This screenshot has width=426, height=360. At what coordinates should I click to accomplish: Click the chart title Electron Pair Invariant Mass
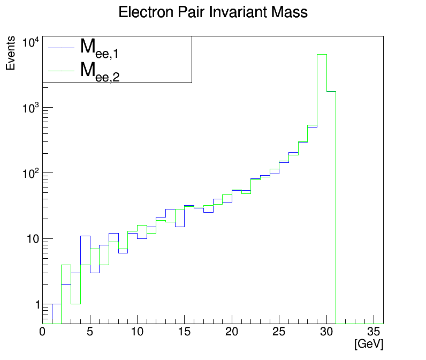coord(213,12)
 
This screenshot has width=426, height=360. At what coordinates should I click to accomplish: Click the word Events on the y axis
coord(11,56)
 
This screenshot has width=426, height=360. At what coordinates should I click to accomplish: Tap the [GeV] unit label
coord(369,344)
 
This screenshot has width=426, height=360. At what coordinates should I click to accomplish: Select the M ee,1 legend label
coord(99,48)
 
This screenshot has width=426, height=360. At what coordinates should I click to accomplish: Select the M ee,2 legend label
coord(99,71)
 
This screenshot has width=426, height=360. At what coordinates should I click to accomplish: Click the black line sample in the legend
coord(60,48)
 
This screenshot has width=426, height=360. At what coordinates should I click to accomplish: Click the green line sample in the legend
coord(60,70)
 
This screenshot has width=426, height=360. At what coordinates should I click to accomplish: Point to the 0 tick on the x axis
coord(43,332)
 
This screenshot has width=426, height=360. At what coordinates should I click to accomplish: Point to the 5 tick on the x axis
coord(90,332)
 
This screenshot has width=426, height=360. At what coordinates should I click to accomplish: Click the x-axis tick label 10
coord(137,332)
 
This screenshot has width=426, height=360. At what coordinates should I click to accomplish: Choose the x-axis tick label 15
coord(184,332)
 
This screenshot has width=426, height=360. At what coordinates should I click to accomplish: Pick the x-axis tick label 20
coord(232,332)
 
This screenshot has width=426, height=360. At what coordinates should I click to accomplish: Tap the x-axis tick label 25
coord(279,332)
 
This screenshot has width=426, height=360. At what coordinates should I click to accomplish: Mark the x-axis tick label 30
coord(326,332)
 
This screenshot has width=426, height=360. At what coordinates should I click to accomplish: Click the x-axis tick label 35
coord(373,332)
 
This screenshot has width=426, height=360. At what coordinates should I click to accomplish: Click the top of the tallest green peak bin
coord(322,55)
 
